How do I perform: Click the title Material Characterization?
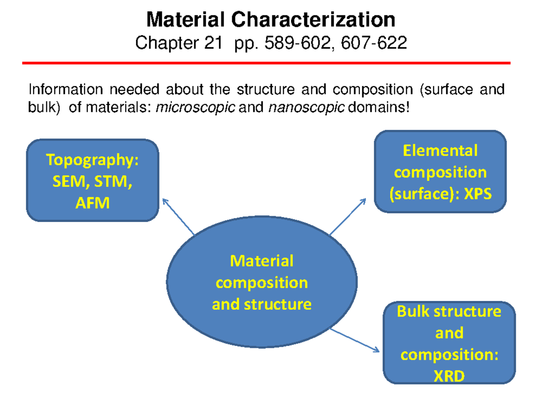click(x=271, y=20)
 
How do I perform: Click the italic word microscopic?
click(x=195, y=109)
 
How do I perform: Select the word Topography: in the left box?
click(x=92, y=160)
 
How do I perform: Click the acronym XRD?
click(x=449, y=376)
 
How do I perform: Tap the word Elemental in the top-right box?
click(x=440, y=150)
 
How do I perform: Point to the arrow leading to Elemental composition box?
click(x=348, y=217)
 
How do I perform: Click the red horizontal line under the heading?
click(x=266, y=63)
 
